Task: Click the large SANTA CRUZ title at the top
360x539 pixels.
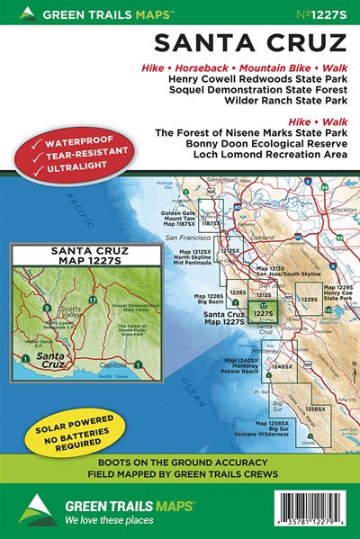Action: coord(252,43)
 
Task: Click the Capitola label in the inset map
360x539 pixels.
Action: coord(115,364)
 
